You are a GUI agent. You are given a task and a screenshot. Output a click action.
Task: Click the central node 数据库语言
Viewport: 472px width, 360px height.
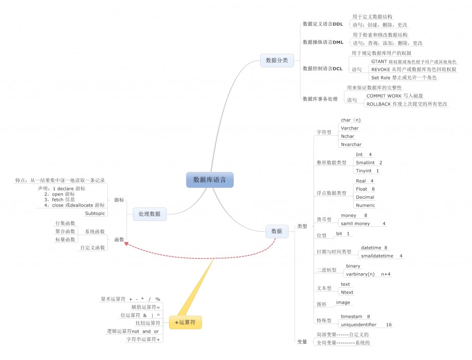[x=210, y=180]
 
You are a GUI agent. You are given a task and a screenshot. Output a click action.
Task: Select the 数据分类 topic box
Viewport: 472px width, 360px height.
[x=277, y=60]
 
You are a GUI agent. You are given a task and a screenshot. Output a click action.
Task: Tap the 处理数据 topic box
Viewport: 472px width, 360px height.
[x=149, y=213]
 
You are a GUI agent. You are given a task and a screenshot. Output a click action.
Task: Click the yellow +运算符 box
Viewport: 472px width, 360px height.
[x=185, y=323]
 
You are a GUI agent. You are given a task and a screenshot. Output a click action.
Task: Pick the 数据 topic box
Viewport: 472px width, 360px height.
[x=277, y=231]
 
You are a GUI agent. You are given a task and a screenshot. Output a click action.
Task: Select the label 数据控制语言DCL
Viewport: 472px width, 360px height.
[x=322, y=69]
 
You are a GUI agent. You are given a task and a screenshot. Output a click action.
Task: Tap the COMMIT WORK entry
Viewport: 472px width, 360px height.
[x=395, y=96]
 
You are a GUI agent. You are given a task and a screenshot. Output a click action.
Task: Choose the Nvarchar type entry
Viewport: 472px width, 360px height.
[x=351, y=145]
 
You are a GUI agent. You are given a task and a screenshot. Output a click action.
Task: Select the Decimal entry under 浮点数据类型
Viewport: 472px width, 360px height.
[x=365, y=197]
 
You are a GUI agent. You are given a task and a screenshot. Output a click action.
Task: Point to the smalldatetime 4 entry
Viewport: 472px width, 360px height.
[x=382, y=256]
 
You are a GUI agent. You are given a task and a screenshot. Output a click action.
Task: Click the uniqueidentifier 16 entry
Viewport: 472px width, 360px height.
[x=366, y=325]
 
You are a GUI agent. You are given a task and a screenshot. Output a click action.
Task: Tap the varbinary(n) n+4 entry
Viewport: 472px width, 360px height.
[x=368, y=274]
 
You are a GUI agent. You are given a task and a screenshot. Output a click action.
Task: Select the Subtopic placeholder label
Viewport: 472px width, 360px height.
[x=95, y=213]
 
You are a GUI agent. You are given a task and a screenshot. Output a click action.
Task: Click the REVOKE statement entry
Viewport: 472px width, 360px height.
[x=413, y=70]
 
